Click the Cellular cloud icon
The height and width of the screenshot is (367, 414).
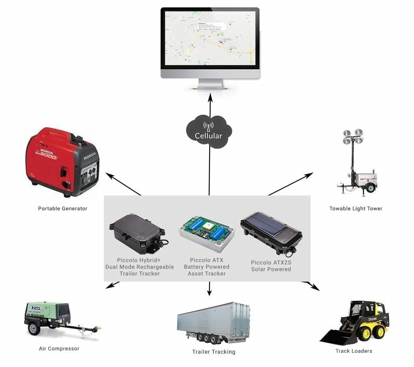(x=209, y=131)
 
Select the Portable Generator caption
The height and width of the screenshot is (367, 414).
(x=62, y=209)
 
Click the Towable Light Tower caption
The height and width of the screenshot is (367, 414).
(x=356, y=209)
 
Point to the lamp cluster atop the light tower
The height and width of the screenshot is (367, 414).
(x=353, y=136)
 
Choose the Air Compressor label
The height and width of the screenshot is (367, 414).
(x=59, y=348)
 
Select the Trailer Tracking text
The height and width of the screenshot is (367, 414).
(x=214, y=352)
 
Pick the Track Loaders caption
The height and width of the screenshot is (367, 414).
(x=354, y=351)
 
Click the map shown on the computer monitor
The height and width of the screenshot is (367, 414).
(x=210, y=38)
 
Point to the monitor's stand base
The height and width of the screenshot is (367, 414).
(x=210, y=87)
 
